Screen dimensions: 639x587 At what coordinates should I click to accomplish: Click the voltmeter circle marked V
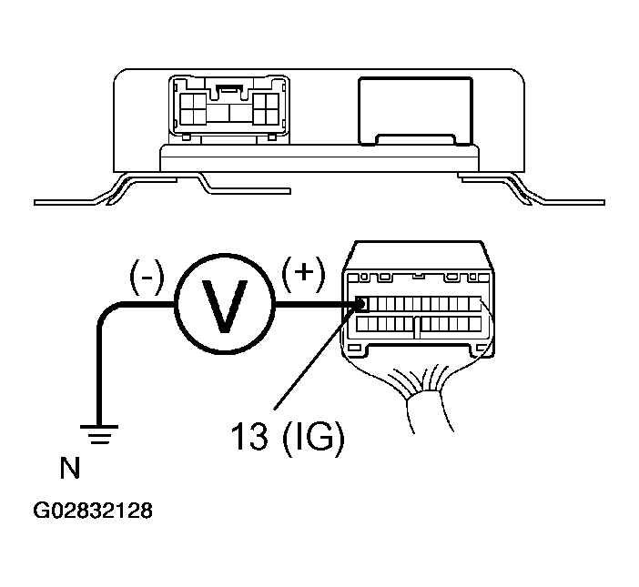point(225,304)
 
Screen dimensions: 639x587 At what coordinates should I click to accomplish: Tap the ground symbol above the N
point(99,434)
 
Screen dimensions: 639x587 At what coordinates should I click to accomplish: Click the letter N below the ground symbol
point(70,468)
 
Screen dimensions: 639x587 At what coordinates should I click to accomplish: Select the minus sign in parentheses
point(147,278)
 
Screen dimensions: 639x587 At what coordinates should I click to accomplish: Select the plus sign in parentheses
point(304,274)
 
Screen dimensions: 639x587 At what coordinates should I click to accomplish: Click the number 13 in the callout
point(249,435)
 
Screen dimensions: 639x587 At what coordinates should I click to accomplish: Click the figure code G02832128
point(93,511)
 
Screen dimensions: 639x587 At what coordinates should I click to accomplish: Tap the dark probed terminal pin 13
point(361,303)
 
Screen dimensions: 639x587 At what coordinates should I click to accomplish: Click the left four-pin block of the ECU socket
point(193,108)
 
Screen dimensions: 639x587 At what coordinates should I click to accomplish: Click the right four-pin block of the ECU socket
point(266,108)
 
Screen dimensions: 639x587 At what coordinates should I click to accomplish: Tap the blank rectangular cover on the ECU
point(416,111)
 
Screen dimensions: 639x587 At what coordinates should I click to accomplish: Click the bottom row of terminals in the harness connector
point(419,324)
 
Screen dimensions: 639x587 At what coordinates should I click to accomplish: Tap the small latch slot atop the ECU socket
point(230,87)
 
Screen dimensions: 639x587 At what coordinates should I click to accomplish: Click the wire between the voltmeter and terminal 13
point(316,304)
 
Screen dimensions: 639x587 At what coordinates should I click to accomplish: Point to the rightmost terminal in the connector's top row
point(475,304)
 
